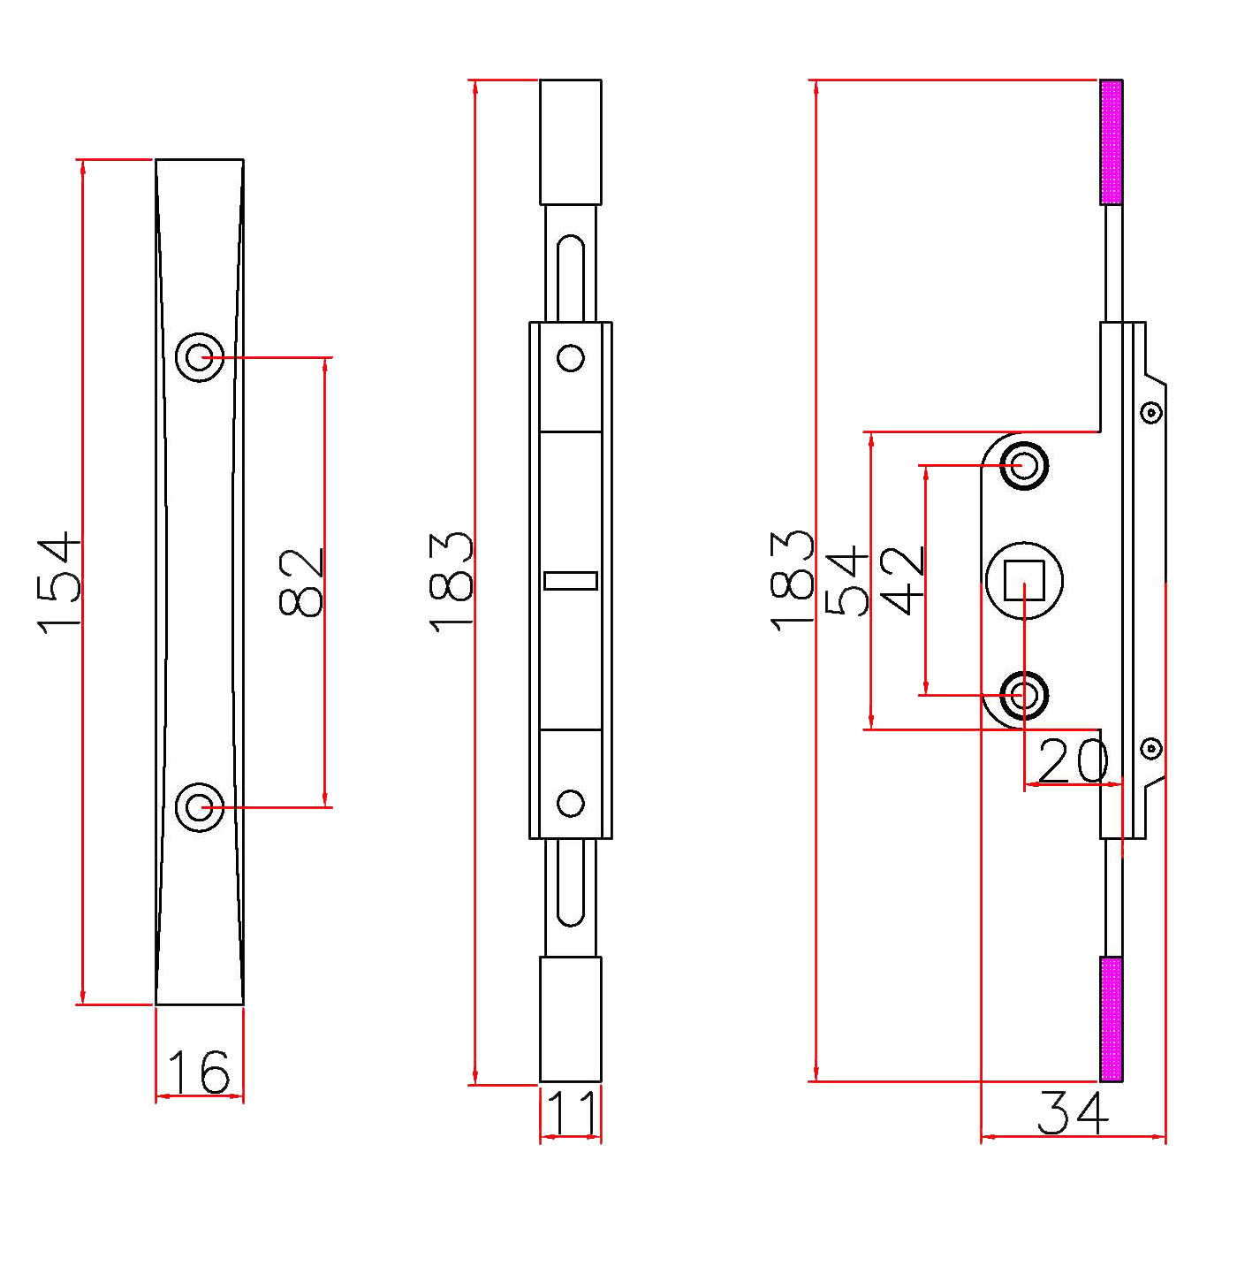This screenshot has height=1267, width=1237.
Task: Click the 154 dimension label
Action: [x=59, y=583]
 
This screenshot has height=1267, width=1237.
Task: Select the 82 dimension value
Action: [x=301, y=583]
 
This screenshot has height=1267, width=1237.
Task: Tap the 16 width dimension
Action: [x=199, y=1072]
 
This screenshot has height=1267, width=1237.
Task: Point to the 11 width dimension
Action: [x=571, y=1113]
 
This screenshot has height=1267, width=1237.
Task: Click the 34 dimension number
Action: [x=1073, y=1113]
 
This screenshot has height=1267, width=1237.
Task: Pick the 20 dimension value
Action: [x=1073, y=760]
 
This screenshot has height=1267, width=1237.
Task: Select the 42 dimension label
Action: [x=903, y=581]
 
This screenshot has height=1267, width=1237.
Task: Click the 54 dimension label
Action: [x=846, y=581]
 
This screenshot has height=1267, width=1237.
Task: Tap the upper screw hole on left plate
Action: [x=200, y=357]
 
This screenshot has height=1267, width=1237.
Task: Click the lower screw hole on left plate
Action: [x=200, y=807]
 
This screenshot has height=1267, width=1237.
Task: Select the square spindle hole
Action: [x=1024, y=580]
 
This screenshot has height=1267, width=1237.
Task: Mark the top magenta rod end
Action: [x=1112, y=142]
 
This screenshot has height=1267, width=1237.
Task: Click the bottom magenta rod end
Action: [x=1112, y=1019]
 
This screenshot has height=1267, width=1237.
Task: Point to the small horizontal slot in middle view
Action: [x=571, y=581]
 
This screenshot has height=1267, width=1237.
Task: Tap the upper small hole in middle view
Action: [x=571, y=358]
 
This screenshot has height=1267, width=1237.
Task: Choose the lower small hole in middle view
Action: [x=571, y=803]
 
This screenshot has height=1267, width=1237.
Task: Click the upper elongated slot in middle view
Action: [x=571, y=277]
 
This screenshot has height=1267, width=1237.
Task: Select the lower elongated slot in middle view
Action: [x=571, y=883]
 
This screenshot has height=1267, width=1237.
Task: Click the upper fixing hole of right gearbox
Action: [x=1024, y=465]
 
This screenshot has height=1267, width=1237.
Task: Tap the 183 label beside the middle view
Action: [x=452, y=583]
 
